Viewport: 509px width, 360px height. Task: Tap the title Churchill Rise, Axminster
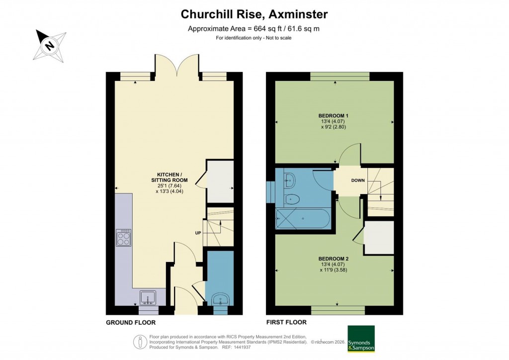click(x=254, y=14)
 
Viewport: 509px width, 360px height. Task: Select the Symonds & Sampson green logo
click(x=360, y=339)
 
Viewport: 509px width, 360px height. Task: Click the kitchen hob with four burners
click(x=123, y=238)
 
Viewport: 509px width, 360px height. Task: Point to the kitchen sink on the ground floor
click(x=148, y=297)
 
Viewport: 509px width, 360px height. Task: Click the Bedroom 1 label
click(x=333, y=115)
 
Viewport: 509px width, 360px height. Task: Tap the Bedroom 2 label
click(x=334, y=259)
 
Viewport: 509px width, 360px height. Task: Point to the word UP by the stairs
click(x=197, y=233)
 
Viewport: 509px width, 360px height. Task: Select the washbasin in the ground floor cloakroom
click(x=219, y=299)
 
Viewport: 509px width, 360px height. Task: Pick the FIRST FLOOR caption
click(x=286, y=323)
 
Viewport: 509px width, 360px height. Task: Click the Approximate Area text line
click(x=254, y=28)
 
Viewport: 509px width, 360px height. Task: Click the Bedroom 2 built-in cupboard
click(x=379, y=237)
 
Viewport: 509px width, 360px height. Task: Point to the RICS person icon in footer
click(x=140, y=342)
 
